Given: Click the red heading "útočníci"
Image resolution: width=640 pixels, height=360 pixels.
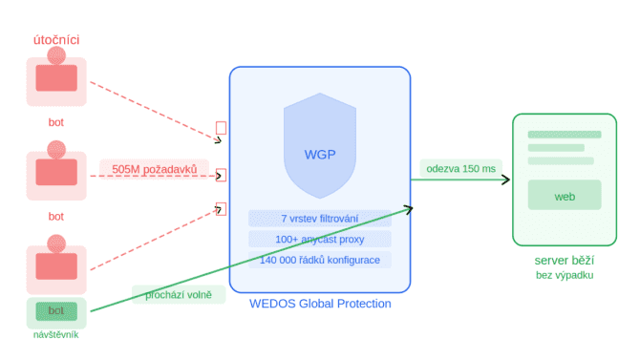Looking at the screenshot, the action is coord(56,39).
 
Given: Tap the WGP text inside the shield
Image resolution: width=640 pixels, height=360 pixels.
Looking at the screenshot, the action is coord(320,155).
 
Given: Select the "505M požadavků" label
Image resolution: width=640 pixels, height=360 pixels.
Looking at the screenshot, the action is coord(155,169).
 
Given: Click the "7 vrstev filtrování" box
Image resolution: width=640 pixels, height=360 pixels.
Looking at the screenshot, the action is coord(320,219).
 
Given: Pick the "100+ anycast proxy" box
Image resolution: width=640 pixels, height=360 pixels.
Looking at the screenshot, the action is coord(320,239).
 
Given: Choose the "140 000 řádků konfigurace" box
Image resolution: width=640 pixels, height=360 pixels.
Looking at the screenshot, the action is coord(320,260).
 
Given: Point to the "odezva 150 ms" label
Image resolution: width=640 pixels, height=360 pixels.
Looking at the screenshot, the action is coord(460,169).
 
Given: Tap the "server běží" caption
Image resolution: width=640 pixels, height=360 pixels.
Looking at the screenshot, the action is coord(565,261).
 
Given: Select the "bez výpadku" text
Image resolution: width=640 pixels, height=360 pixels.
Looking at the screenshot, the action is coord(565,275).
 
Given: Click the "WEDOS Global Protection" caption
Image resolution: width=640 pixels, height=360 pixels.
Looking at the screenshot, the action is coord(320,304).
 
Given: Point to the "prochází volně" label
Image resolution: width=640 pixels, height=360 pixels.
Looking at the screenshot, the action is coord(179,294).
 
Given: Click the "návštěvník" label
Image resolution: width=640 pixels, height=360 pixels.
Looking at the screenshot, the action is coord(56,334).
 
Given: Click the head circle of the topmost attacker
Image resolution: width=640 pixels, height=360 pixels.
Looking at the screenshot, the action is coord(56,55).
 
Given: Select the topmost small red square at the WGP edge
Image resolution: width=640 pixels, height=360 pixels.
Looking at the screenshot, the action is coord(222,128).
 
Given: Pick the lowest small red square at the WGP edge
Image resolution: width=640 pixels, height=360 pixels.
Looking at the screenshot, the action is coord(222,209).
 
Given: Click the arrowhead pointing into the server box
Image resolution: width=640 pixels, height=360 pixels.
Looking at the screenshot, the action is coord(506,180).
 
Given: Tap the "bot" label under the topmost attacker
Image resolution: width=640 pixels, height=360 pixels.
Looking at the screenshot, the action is coord(56,122).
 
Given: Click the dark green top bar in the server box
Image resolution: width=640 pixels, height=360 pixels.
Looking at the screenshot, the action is coord(565,135).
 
